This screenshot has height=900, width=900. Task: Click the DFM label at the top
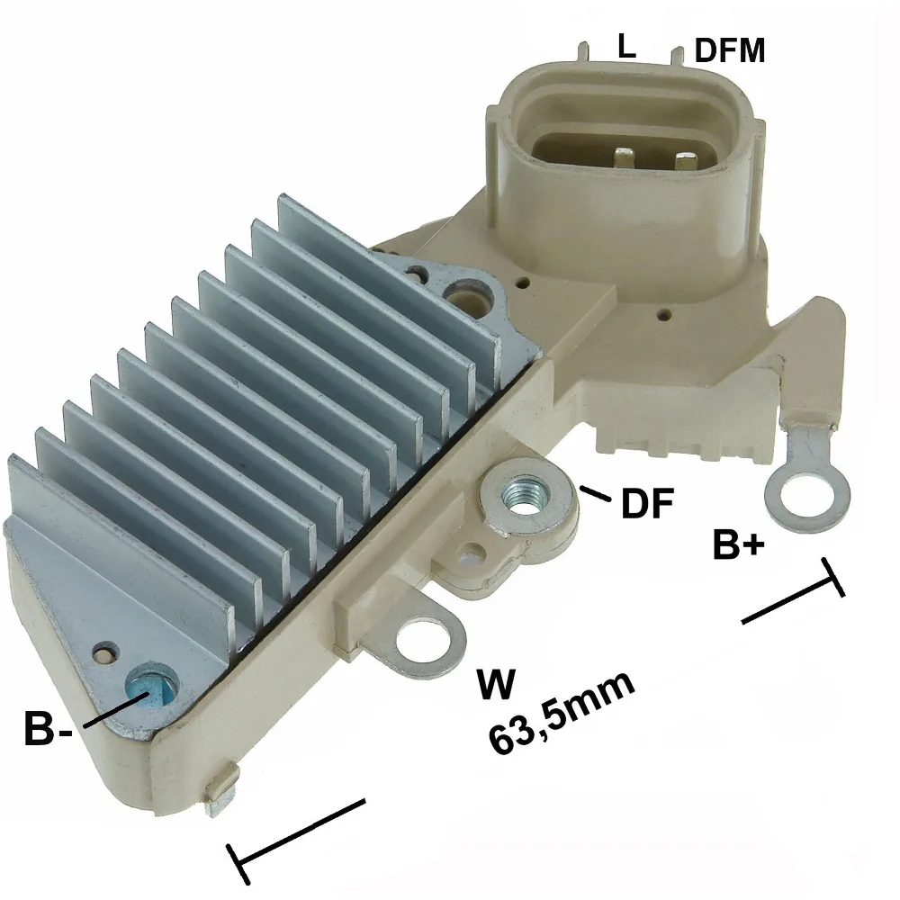(730, 49)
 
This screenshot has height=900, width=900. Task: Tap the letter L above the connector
(626, 46)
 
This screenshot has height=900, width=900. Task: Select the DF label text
(647, 503)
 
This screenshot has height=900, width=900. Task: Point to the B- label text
(49, 728)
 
